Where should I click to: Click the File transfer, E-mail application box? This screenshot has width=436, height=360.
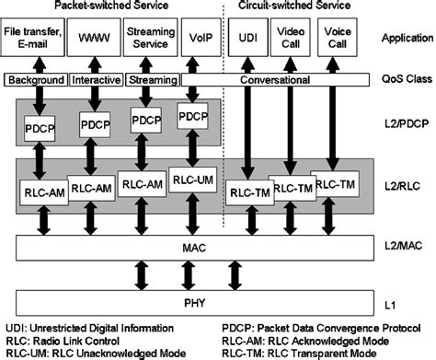[34, 41]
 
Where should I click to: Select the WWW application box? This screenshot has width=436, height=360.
[92, 41]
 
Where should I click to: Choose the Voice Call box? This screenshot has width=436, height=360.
[338, 41]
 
